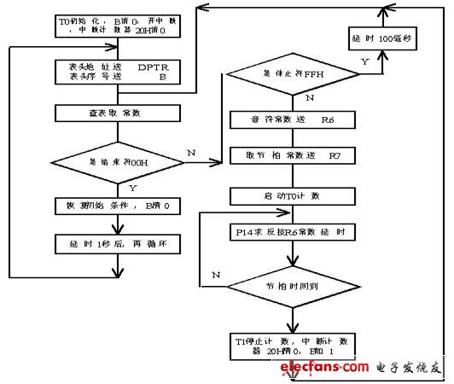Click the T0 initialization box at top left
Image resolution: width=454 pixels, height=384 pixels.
point(114,22)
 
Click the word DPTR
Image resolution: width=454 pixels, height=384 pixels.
point(154,65)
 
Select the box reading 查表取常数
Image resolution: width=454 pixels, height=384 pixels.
point(114,112)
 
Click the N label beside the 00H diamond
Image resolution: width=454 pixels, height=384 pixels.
point(191,152)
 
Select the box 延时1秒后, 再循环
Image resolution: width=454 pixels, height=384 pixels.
point(114,241)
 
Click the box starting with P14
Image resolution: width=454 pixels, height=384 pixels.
point(290,232)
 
